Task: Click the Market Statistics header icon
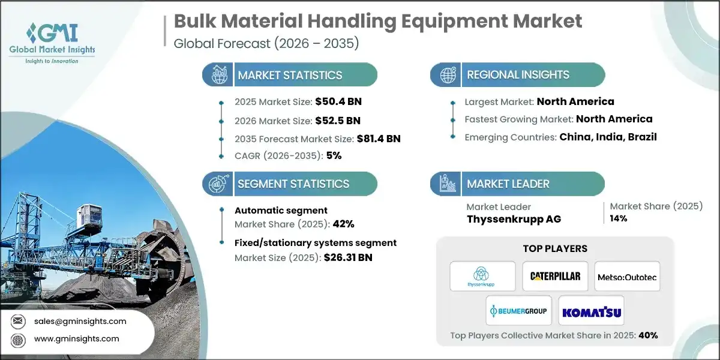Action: (x=218, y=75)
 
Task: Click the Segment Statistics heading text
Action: (x=293, y=184)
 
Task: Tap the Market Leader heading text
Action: (x=508, y=184)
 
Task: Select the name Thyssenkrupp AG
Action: (x=514, y=219)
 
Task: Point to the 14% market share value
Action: (x=619, y=218)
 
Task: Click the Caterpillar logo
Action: (x=555, y=276)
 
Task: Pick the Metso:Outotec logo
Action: (x=627, y=276)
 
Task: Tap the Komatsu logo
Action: (x=591, y=311)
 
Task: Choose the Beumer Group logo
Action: (x=518, y=311)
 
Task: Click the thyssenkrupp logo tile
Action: (x=482, y=276)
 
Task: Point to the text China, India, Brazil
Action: (x=608, y=137)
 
